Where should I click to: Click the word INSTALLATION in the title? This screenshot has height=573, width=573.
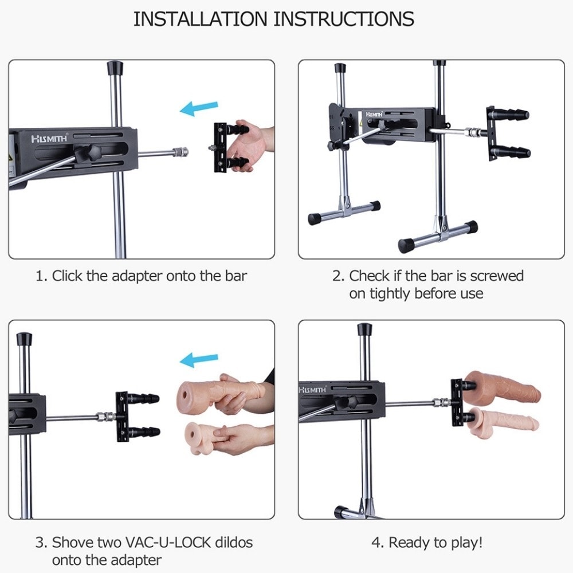pyautogui.click(x=200, y=19)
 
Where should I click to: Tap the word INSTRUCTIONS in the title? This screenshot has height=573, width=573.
pyautogui.click(x=344, y=19)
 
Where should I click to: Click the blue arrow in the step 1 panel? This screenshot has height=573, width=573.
pyautogui.click(x=199, y=108)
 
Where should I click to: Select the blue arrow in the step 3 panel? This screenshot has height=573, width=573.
pyautogui.click(x=199, y=360)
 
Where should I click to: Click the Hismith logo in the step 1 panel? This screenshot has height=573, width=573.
pyautogui.click(x=49, y=139)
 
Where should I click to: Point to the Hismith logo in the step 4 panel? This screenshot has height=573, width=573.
pyautogui.click(x=312, y=390)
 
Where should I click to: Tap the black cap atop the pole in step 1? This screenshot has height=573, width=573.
pyautogui.click(x=115, y=68)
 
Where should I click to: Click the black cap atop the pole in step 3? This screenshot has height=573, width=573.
pyautogui.click(x=24, y=339)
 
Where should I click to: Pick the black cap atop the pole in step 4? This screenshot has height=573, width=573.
pyautogui.click(x=364, y=329)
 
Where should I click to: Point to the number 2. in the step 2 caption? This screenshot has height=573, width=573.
pyautogui.click(x=339, y=276)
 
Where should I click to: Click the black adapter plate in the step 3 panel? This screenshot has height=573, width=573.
pyautogui.click(x=122, y=417)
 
